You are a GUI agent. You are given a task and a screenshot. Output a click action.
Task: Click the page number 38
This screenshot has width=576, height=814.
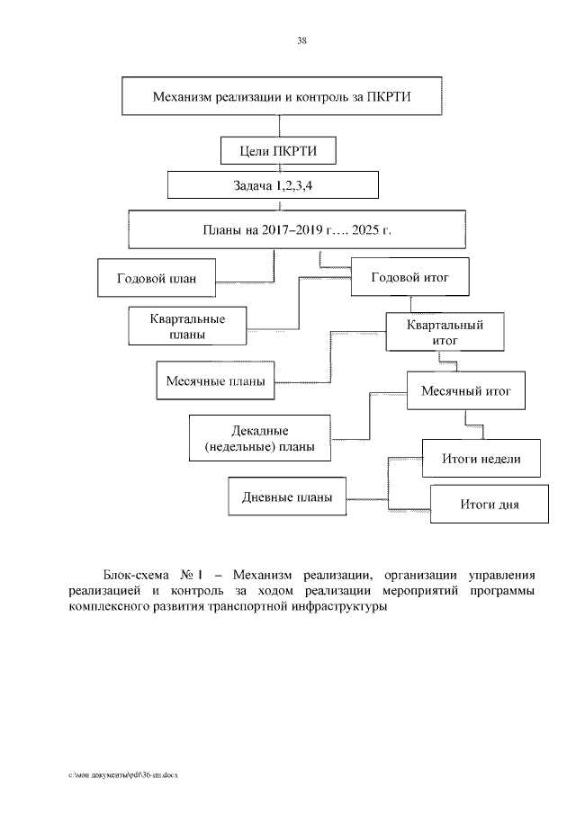[x=301, y=40]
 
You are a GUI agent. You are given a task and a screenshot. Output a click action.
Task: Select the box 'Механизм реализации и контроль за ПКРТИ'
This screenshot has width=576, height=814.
[x=283, y=97]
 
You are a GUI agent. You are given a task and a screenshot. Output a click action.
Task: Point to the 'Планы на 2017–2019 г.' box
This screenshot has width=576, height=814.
[x=296, y=231]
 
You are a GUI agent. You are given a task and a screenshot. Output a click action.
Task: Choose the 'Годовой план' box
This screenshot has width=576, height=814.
[x=157, y=278]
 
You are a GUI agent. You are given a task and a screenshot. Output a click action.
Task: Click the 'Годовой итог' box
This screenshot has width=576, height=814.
[x=409, y=277]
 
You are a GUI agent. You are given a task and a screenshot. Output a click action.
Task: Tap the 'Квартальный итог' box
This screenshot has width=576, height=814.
[x=445, y=332]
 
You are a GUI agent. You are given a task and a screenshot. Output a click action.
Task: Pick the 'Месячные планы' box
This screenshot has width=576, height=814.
[x=215, y=381]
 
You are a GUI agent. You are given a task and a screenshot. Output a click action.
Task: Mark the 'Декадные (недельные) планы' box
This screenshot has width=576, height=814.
[x=258, y=438]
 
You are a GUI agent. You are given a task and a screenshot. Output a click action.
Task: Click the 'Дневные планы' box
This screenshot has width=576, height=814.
[x=287, y=496]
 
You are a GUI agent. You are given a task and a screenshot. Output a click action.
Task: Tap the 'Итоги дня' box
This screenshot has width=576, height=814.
[x=489, y=504]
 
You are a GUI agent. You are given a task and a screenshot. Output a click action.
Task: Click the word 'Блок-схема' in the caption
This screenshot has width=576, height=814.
[x=133, y=574]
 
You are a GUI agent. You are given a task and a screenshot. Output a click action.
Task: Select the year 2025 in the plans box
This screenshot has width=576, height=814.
[x=366, y=231]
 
